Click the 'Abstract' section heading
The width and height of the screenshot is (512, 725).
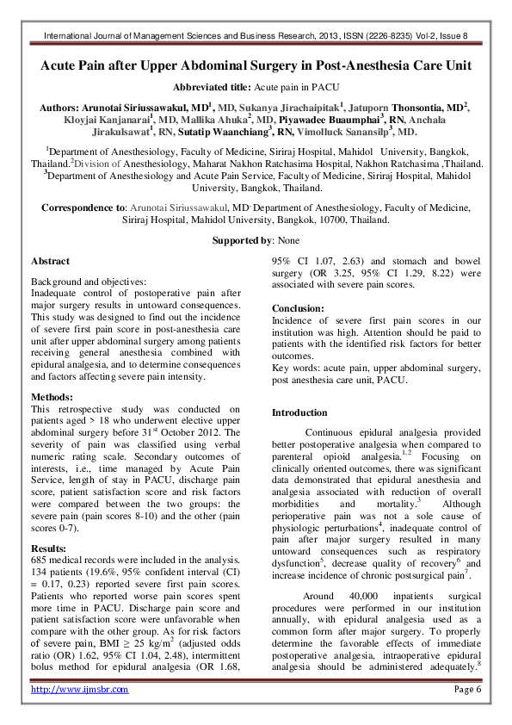tap(50, 260)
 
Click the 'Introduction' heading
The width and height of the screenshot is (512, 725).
tap(299, 413)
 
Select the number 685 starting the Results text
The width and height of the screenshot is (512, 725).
tap(40, 560)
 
